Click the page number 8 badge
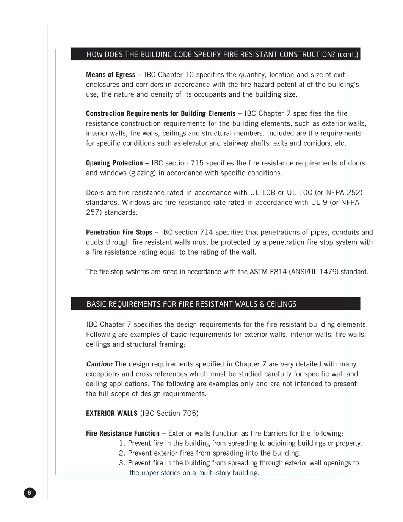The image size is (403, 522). tap(30, 493)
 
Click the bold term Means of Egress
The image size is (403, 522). tap(110, 75)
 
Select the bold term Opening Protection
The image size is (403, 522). tap(114, 163)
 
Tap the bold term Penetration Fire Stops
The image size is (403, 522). tap(119, 232)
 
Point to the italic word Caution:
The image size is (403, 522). tap(99, 364)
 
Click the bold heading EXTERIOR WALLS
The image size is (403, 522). tap(111, 414)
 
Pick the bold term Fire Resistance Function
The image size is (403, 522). tap(122, 433)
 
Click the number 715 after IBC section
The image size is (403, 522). tap(197, 163)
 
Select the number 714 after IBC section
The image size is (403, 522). tap(206, 232)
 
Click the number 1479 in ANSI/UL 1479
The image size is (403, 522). tap(328, 272)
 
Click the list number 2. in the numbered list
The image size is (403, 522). tap(122, 453)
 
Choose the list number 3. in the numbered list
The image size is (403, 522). tap(122, 463)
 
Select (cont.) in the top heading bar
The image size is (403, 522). tap(348, 55)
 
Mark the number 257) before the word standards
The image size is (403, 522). tap(94, 212)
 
